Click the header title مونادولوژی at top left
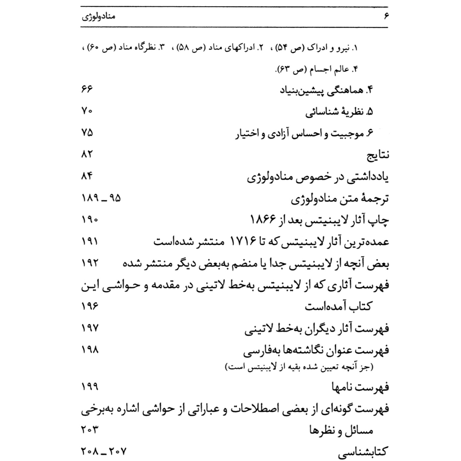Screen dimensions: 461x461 (x=98, y=16)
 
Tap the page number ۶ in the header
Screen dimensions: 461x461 (x=386, y=16)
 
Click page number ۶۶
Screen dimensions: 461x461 (x=87, y=89)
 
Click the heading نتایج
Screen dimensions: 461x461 (x=378, y=155)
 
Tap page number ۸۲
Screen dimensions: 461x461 (x=87, y=154)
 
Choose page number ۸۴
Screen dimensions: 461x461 (x=87, y=176)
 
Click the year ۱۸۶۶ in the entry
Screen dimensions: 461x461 (x=263, y=220)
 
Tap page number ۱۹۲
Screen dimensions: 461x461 (x=90, y=263)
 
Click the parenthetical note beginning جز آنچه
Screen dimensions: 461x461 (x=299, y=367)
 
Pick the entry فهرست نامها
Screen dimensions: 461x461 (x=360, y=387)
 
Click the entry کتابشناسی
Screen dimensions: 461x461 (x=363, y=452)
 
